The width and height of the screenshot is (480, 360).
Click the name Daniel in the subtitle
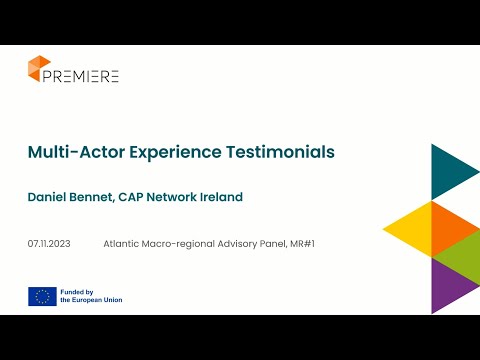(50, 197)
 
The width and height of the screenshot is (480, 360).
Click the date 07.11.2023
(48, 243)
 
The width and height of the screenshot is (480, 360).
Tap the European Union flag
(42, 295)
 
